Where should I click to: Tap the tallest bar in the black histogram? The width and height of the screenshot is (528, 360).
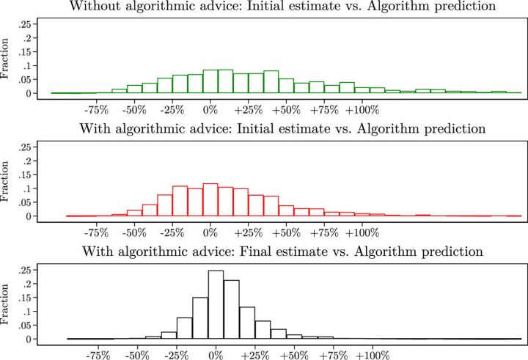coord(216,304)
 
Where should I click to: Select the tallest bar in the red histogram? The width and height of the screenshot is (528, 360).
coord(210,199)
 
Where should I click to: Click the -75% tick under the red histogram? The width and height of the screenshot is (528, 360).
coord(97,233)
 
